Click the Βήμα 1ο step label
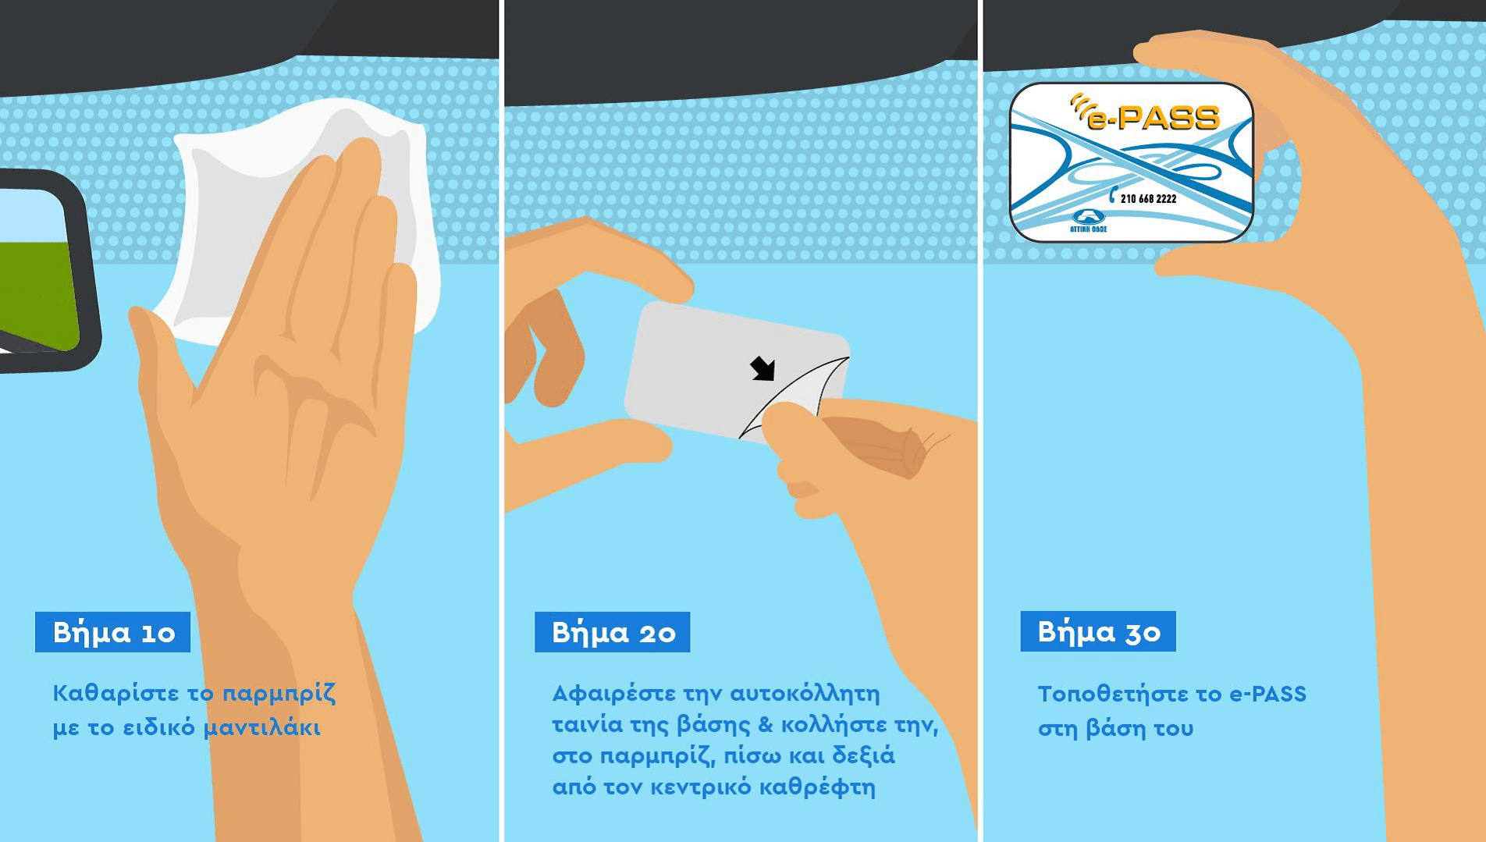pos(113,632)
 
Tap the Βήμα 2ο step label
pos(613,632)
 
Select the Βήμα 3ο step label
pos(1098,631)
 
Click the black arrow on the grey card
pos(763,368)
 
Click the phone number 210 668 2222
pos(1148,199)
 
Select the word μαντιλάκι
pos(262,728)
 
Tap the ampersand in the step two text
pos(765,725)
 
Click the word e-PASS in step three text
pos(1267,694)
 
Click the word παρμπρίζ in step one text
pos(279,694)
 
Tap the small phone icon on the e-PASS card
pos(1113,195)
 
